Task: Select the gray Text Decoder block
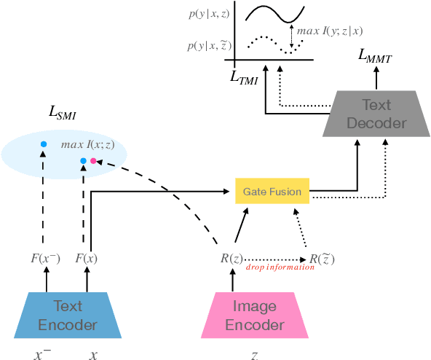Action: point(376,113)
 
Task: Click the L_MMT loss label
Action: point(376,55)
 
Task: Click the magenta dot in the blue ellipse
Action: point(93,161)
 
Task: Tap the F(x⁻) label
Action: point(47,259)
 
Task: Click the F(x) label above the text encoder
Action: point(87,259)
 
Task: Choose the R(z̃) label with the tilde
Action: point(322,258)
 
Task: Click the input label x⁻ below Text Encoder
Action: point(44,353)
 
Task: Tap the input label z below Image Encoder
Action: point(253,354)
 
